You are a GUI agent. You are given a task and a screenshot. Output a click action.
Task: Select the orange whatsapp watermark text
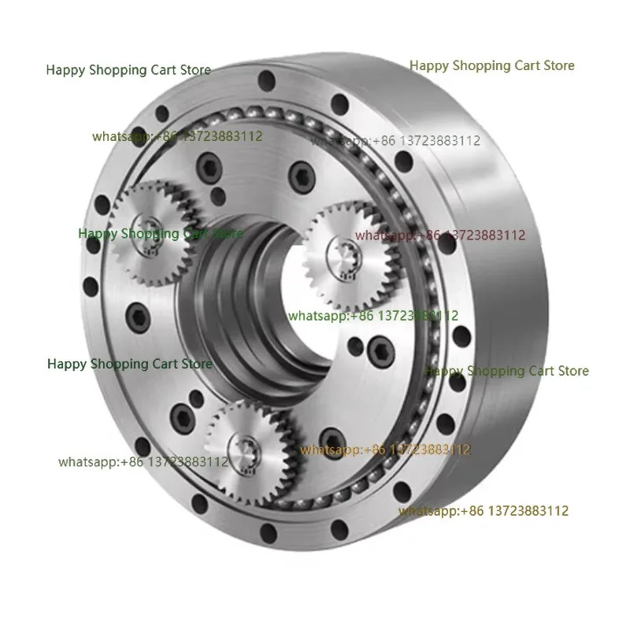pyautogui.click(x=385, y=450)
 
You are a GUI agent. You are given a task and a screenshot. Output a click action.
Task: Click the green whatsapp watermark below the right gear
pyautogui.click(x=373, y=316)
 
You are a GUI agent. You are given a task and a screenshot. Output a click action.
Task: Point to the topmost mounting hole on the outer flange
pyautogui.click(x=266, y=78)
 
